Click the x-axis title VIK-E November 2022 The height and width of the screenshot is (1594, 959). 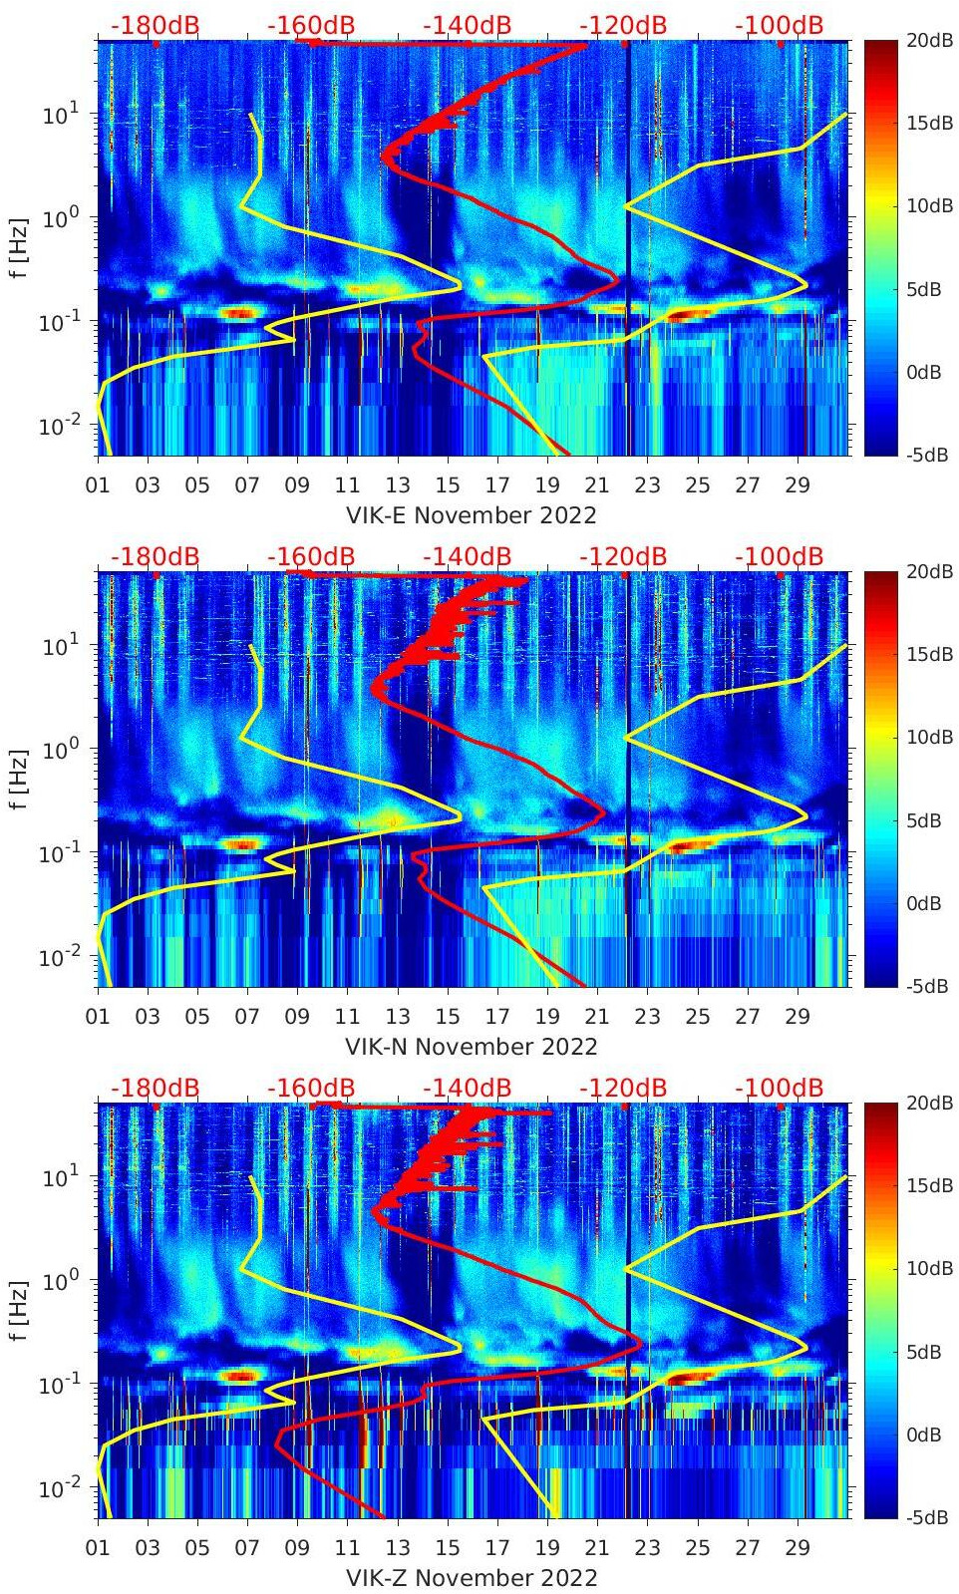[471, 515]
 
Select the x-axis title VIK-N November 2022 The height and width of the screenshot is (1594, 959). [471, 1047]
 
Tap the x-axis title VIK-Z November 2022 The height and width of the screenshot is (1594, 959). [471, 1578]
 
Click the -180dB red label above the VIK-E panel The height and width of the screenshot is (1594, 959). [155, 25]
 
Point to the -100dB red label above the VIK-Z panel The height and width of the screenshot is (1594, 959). [779, 1088]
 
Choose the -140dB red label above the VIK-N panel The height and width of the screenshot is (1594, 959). [467, 556]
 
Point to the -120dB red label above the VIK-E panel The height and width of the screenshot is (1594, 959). [623, 25]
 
